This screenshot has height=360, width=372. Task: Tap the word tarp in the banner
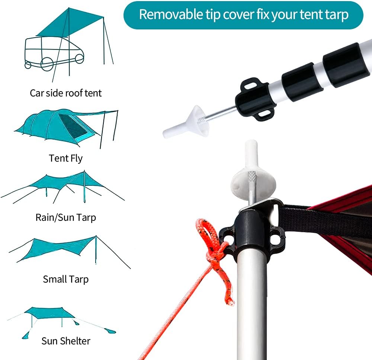337,15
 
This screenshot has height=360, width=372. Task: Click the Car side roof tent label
66,93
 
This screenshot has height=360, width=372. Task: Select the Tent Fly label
66,158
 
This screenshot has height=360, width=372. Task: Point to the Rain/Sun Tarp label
66,217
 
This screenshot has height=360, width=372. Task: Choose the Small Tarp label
66,279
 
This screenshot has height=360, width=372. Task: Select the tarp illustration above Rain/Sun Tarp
63,187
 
